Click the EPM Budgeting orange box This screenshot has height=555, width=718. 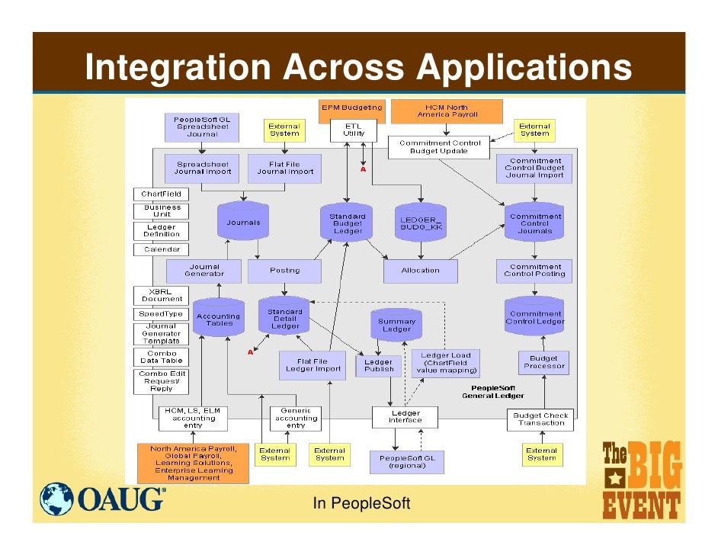click(x=351, y=109)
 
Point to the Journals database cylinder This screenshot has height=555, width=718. click(x=243, y=222)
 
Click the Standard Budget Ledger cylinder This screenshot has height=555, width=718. click(x=347, y=223)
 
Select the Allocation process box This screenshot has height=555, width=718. click(x=421, y=270)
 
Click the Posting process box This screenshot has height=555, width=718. click(x=284, y=270)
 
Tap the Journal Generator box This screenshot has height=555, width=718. click(x=204, y=271)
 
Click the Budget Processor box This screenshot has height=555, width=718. click(x=544, y=362)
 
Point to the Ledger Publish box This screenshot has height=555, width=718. click(x=379, y=365)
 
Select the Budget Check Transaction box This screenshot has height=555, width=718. click(x=541, y=419)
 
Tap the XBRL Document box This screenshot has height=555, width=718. click(x=161, y=295)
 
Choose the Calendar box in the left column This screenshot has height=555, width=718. click(x=161, y=249)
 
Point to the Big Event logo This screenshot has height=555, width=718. click(x=641, y=480)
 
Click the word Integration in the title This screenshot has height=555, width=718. click(x=176, y=69)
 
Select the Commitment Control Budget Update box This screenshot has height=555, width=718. click(x=435, y=147)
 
